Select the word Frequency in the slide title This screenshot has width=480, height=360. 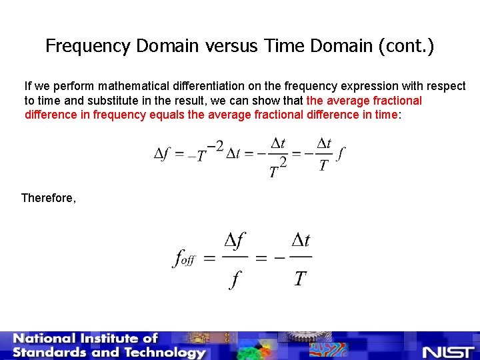point(88,46)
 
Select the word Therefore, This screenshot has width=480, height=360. point(49,198)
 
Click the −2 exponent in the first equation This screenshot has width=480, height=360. point(215,146)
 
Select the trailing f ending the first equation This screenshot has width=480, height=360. point(341,155)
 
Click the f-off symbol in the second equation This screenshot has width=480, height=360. point(183,258)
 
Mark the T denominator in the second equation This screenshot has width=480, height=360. point(300,277)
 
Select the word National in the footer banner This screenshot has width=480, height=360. point(47,339)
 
